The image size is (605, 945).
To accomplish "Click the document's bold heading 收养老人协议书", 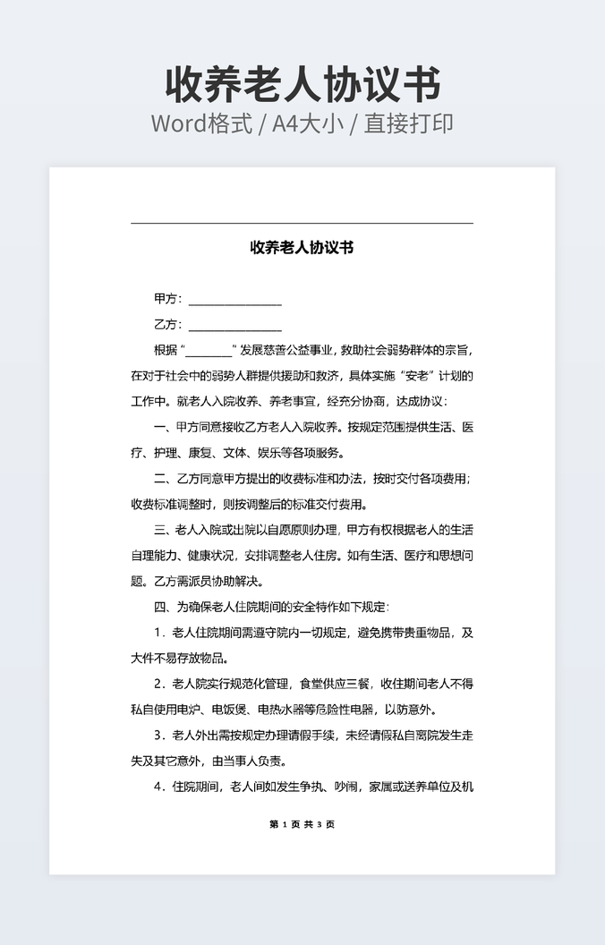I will pos(302,248).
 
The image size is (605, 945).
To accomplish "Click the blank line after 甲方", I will pos(234,300).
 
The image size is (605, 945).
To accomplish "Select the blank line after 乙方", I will pos(234,325).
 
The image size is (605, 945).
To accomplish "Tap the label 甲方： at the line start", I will pos(167,299).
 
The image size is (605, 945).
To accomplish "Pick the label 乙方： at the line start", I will pos(167,324).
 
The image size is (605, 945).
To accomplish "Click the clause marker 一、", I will pos(164,427).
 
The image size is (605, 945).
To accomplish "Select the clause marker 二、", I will pos(164,478).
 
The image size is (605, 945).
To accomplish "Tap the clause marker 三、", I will pos(164,530).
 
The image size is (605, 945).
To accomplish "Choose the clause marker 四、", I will pos(164,607).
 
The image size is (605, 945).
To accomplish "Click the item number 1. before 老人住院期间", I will pos(159,633).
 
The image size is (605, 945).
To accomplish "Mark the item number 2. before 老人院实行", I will pos(159,685).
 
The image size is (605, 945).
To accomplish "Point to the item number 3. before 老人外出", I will pos(159,736).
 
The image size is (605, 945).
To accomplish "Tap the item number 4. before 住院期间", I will pos(159,787).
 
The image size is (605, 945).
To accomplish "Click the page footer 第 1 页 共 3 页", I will pos(302,824).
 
